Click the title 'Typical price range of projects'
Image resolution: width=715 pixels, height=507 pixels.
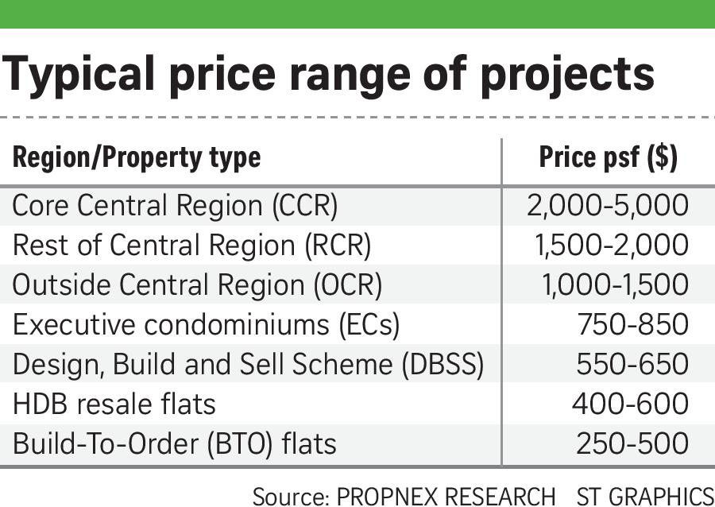click(x=328, y=74)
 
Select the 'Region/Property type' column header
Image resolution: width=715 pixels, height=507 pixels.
click(x=136, y=157)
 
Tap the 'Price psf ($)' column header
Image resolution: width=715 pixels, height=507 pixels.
click(x=608, y=157)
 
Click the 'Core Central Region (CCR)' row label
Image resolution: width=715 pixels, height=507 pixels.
click(x=175, y=206)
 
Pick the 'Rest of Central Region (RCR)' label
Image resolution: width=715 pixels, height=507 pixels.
click(x=191, y=246)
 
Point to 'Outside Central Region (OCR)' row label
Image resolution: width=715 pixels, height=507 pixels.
click(x=197, y=285)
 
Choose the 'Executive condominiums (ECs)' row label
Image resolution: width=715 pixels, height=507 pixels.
click(x=206, y=325)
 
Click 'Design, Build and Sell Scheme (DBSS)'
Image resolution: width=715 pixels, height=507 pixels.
click(x=248, y=365)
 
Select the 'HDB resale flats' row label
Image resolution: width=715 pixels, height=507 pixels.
click(x=114, y=404)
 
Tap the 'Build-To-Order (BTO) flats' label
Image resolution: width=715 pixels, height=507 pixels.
click(x=175, y=443)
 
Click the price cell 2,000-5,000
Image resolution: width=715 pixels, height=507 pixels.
click(x=607, y=206)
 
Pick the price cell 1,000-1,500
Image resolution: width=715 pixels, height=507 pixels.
click(x=615, y=285)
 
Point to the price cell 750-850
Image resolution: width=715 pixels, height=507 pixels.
click(x=633, y=325)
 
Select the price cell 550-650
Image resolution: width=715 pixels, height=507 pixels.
click(x=632, y=365)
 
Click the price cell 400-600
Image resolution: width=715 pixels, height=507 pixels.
click(x=630, y=404)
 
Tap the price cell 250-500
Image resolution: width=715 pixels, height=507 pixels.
click(x=632, y=443)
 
